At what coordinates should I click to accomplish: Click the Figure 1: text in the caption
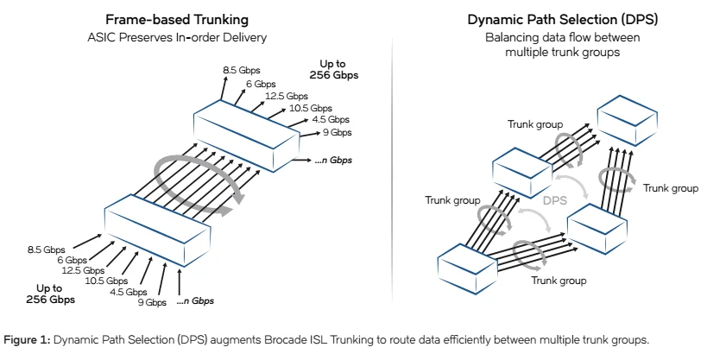pyautogui.click(x=28, y=339)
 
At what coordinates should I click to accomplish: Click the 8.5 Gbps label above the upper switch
pyautogui.click(x=242, y=68)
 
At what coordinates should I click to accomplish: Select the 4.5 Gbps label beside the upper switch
pyautogui.click(x=330, y=120)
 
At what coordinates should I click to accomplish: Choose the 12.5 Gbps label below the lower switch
pyautogui.click(x=83, y=270)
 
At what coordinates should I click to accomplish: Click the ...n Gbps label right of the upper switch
pyautogui.click(x=334, y=161)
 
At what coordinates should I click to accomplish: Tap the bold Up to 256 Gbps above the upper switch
pyautogui.click(x=334, y=70)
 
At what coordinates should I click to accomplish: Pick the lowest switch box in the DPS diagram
pyautogui.click(x=471, y=267)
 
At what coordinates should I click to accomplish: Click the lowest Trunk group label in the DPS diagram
pyautogui.click(x=559, y=281)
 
